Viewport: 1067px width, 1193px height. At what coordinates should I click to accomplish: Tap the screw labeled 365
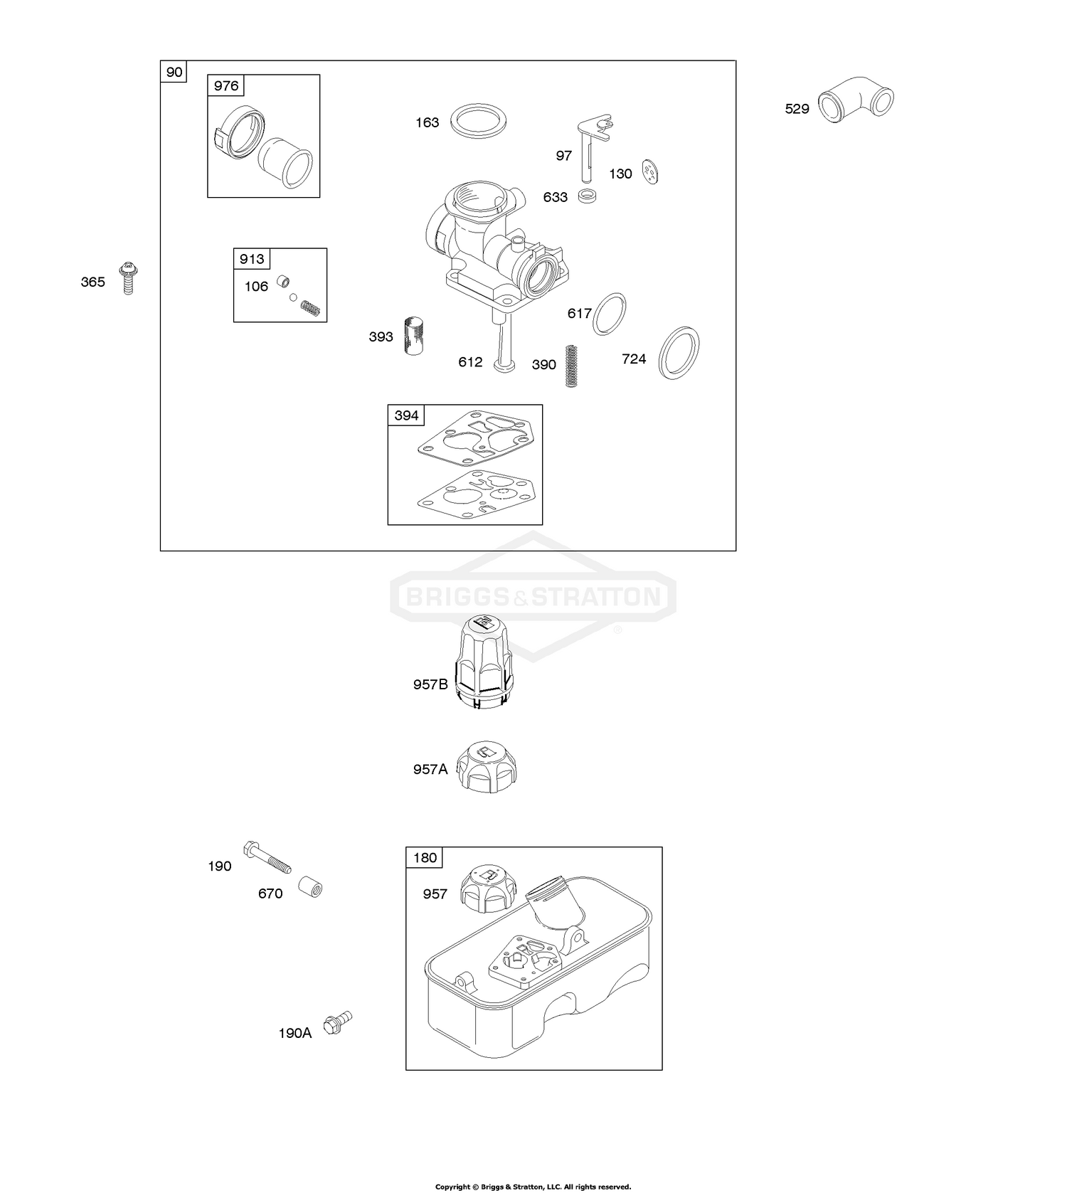point(129,278)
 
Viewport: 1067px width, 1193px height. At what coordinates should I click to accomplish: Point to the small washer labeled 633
point(587,196)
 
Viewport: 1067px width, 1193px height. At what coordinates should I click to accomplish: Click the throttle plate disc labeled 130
point(649,171)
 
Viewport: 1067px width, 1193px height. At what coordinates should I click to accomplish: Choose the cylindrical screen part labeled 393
point(413,336)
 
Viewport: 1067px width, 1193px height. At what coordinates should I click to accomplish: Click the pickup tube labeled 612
point(504,341)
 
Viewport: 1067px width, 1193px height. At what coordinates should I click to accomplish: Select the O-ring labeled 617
point(610,313)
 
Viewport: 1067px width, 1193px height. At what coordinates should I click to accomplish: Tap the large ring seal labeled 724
point(679,353)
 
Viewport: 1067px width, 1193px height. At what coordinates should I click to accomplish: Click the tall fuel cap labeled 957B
point(484,662)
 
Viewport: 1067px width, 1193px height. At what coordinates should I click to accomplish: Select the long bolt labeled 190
point(267,858)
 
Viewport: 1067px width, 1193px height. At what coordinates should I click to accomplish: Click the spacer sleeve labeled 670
point(310,888)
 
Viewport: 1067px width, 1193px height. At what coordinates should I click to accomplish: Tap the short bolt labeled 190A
point(337,1024)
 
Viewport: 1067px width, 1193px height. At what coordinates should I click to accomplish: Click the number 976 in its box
point(226,86)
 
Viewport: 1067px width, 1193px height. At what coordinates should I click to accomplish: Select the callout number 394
point(406,415)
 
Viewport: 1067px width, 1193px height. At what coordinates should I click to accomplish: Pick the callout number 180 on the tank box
point(425,857)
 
